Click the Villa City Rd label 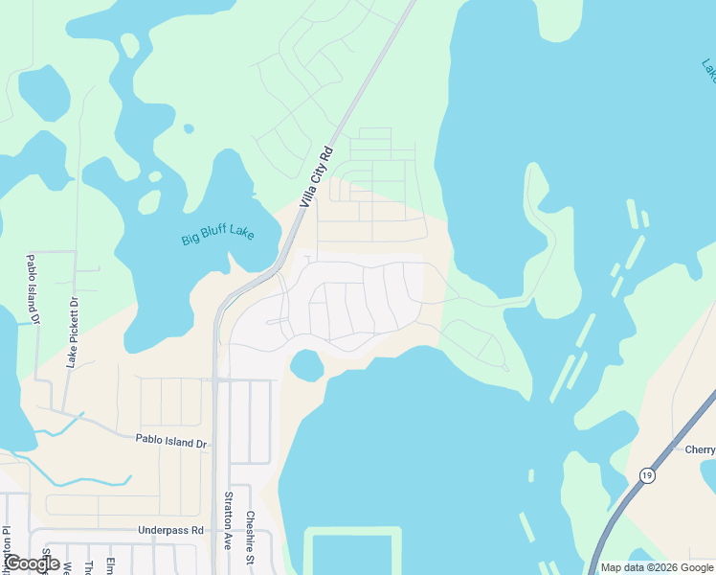tap(315, 176)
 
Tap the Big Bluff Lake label tap(218, 233)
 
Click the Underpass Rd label tap(171, 529)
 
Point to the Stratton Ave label tap(228, 520)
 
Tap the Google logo tap(32, 564)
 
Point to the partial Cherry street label tap(699, 448)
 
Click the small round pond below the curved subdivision tap(305, 365)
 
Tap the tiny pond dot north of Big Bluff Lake tap(189, 128)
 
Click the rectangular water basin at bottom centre tap(352, 554)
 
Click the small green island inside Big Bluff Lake tap(149, 202)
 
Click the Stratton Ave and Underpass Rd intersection tap(216, 530)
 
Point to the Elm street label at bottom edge tap(111, 565)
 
